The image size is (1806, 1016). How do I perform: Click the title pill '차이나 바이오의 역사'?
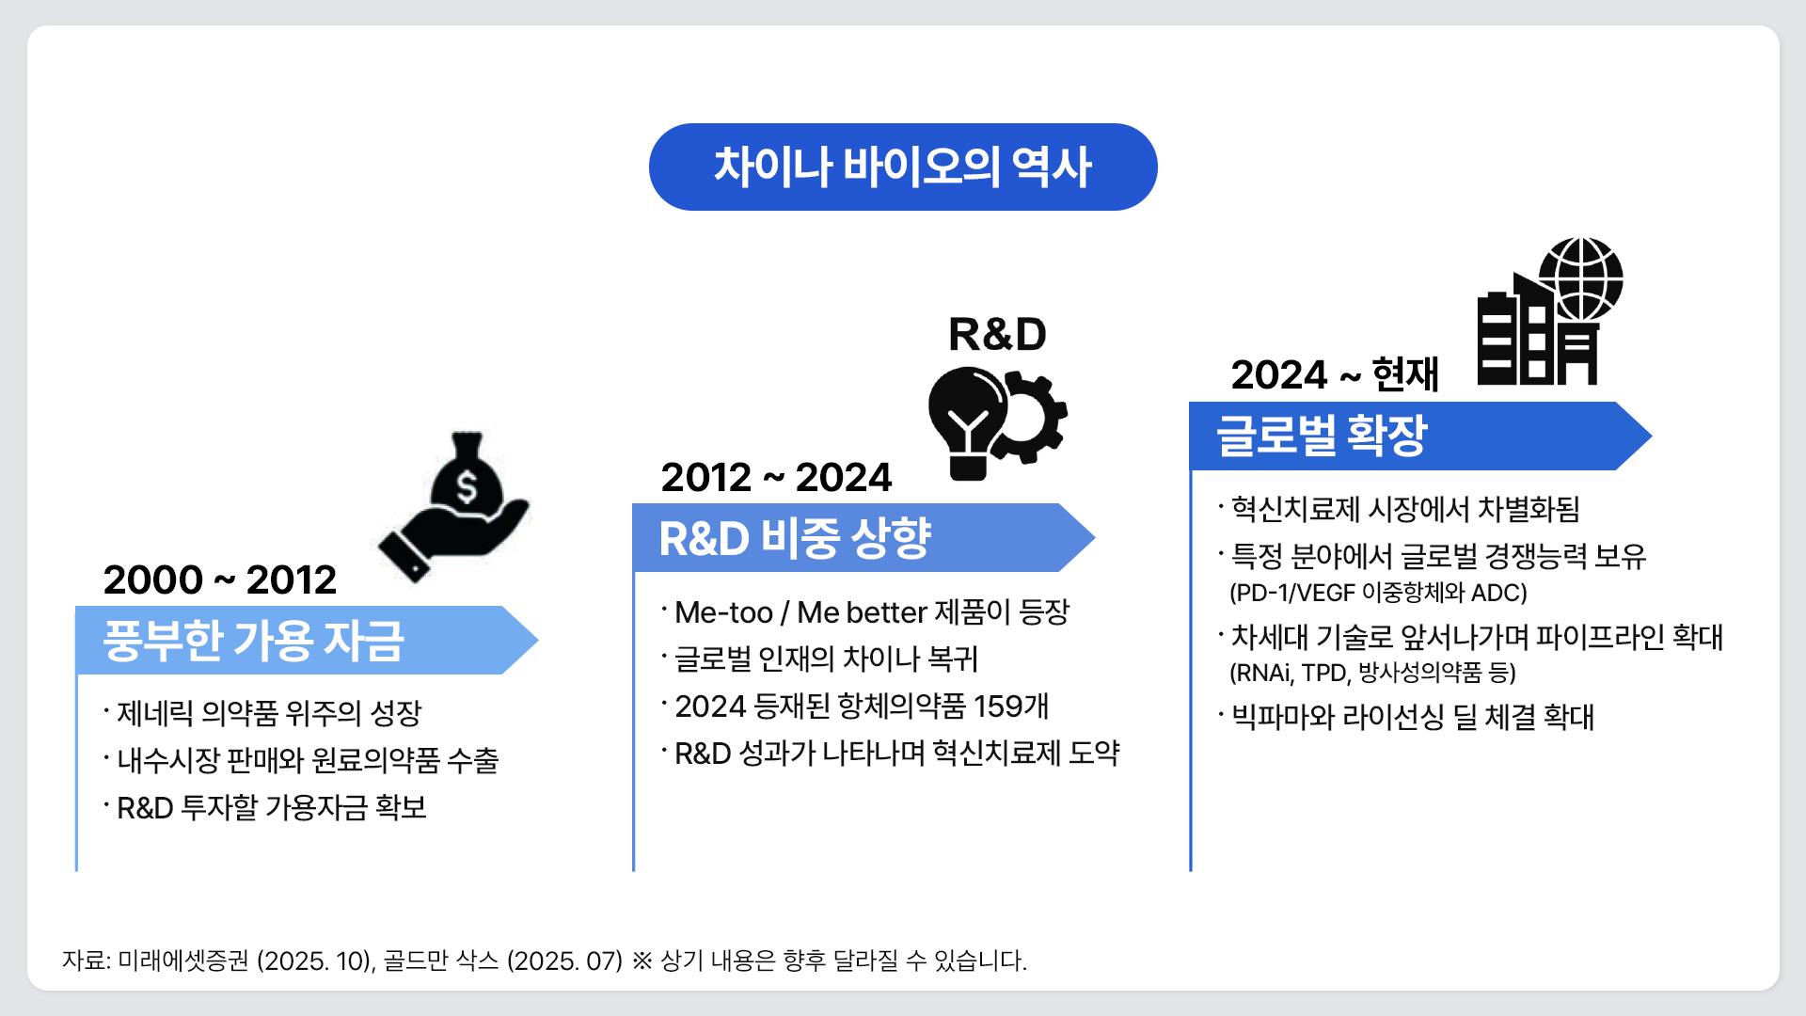[x=903, y=167]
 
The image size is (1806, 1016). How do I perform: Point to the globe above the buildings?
[x=1581, y=279]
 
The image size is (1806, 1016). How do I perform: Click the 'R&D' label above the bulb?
[x=997, y=334]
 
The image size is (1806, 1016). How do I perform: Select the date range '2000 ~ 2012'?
[x=220, y=579]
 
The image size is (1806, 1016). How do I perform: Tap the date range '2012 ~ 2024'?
[x=776, y=477]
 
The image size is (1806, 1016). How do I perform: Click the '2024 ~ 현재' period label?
[x=1335, y=374]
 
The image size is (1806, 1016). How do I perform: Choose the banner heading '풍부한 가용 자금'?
[x=254, y=641]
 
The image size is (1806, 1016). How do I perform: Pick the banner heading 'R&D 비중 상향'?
[x=795, y=538]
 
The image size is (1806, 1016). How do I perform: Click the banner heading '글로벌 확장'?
[x=1322, y=436]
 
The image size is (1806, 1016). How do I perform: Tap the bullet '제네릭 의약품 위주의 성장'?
[x=269, y=713]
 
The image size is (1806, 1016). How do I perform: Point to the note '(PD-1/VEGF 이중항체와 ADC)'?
[x=1378, y=593]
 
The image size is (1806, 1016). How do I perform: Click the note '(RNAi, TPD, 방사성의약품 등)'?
[x=1372, y=673]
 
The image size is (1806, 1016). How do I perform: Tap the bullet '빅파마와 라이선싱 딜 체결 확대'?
[x=1413, y=717]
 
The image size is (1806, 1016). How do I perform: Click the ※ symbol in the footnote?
[x=642, y=960]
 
